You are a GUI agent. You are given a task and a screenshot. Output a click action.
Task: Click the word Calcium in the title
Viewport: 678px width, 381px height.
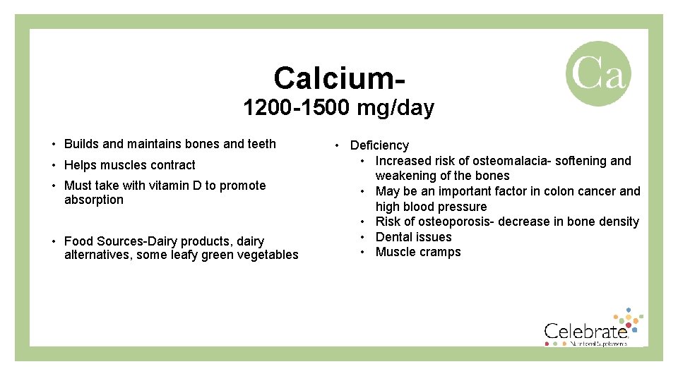click(335, 78)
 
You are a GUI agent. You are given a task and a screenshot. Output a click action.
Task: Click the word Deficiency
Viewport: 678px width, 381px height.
click(379, 145)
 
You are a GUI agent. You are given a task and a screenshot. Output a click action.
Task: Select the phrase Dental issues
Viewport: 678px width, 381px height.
click(413, 237)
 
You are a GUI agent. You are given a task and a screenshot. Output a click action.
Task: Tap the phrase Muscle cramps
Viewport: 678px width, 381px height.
click(418, 252)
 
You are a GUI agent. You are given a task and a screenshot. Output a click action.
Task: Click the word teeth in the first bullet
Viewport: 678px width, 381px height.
click(261, 144)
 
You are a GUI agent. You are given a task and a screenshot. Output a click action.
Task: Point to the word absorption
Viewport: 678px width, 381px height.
click(93, 200)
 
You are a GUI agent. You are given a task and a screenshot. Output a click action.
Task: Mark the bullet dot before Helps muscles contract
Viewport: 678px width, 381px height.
click(54, 165)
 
